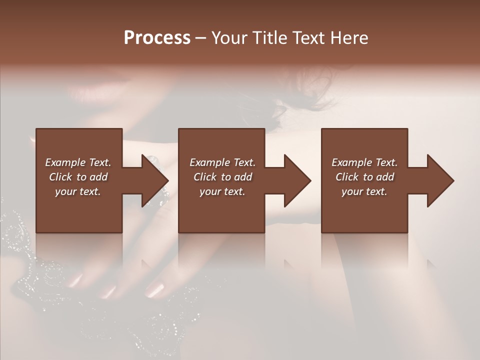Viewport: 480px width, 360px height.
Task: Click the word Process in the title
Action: pos(157,38)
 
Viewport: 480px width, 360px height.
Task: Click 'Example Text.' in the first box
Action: pos(78,162)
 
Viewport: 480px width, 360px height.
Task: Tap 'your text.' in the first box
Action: pos(78,191)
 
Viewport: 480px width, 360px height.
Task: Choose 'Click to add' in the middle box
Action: pos(222,177)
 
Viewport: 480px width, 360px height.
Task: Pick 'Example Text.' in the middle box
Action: pos(222,162)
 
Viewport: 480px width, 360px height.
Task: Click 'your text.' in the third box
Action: pos(364,191)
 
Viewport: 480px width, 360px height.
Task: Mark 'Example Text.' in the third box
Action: pos(364,162)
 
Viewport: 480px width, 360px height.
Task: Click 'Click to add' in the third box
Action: pos(364,177)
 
